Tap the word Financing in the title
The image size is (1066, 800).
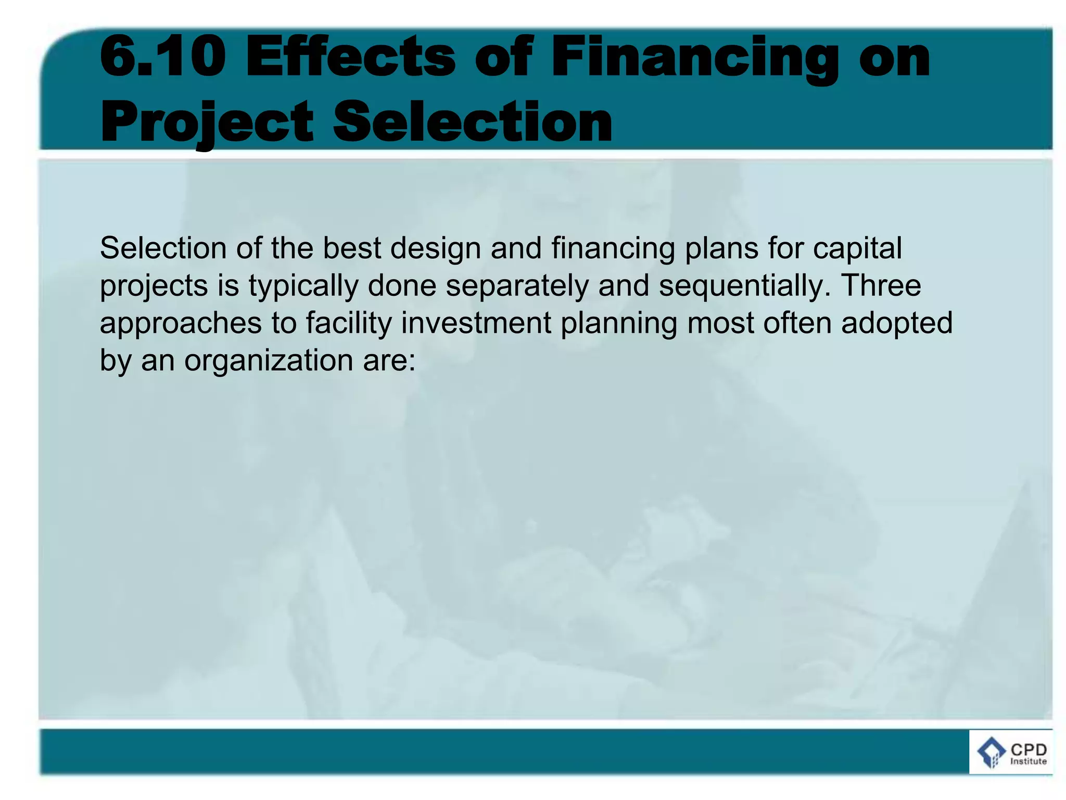tap(695, 57)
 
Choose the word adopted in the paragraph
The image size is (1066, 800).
tap(897, 323)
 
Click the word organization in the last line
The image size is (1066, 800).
tap(269, 361)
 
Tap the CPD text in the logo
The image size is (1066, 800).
tap(1028, 749)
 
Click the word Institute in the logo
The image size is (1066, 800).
tap(1028, 761)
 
